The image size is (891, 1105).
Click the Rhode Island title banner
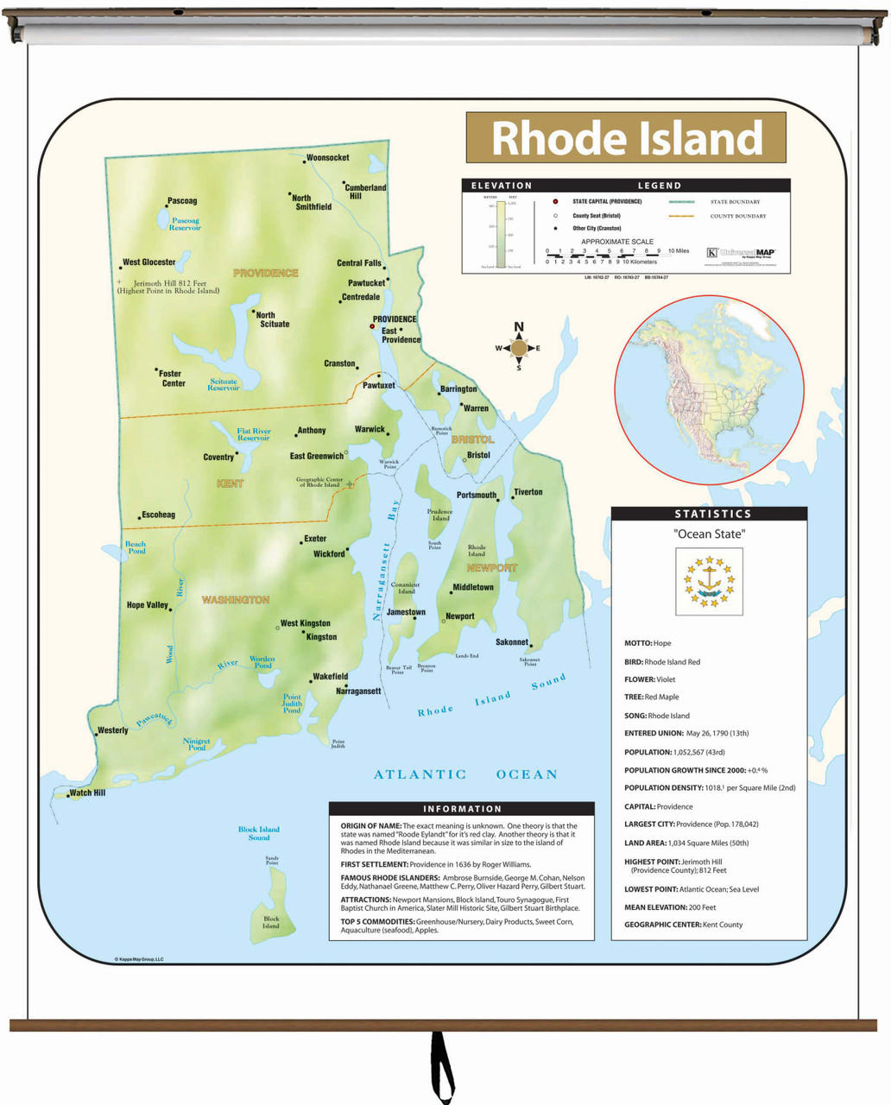(626, 137)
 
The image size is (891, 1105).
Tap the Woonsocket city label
(328, 158)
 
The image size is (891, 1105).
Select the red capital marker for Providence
(372, 326)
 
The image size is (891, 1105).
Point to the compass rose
(519, 348)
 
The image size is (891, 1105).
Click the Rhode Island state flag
(709, 580)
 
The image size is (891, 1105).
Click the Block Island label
(271, 922)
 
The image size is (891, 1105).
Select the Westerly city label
(113, 730)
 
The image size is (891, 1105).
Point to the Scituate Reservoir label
(223, 385)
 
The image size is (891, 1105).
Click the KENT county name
(230, 483)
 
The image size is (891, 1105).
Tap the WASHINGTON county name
(236, 600)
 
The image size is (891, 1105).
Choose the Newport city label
(459, 616)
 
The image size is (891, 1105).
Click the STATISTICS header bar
(709, 514)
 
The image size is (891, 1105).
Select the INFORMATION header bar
(462, 809)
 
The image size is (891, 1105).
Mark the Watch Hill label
(87, 792)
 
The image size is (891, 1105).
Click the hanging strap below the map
(442, 1066)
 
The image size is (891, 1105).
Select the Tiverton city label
(528, 492)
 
